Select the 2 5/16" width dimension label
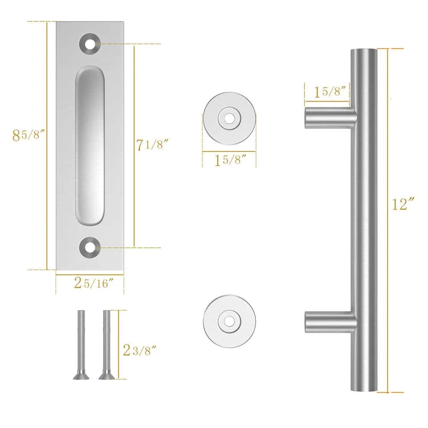(x=94, y=282)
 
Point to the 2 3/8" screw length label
(x=139, y=351)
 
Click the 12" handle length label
(x=404, y=204)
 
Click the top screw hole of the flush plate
(x=90, y=44)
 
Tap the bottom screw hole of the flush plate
(x=90, y=247)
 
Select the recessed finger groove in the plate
(x=90, y=146)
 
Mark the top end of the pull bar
(x=364, y=53)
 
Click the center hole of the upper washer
(x=230, y=116)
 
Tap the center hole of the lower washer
(x=230, y=320)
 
